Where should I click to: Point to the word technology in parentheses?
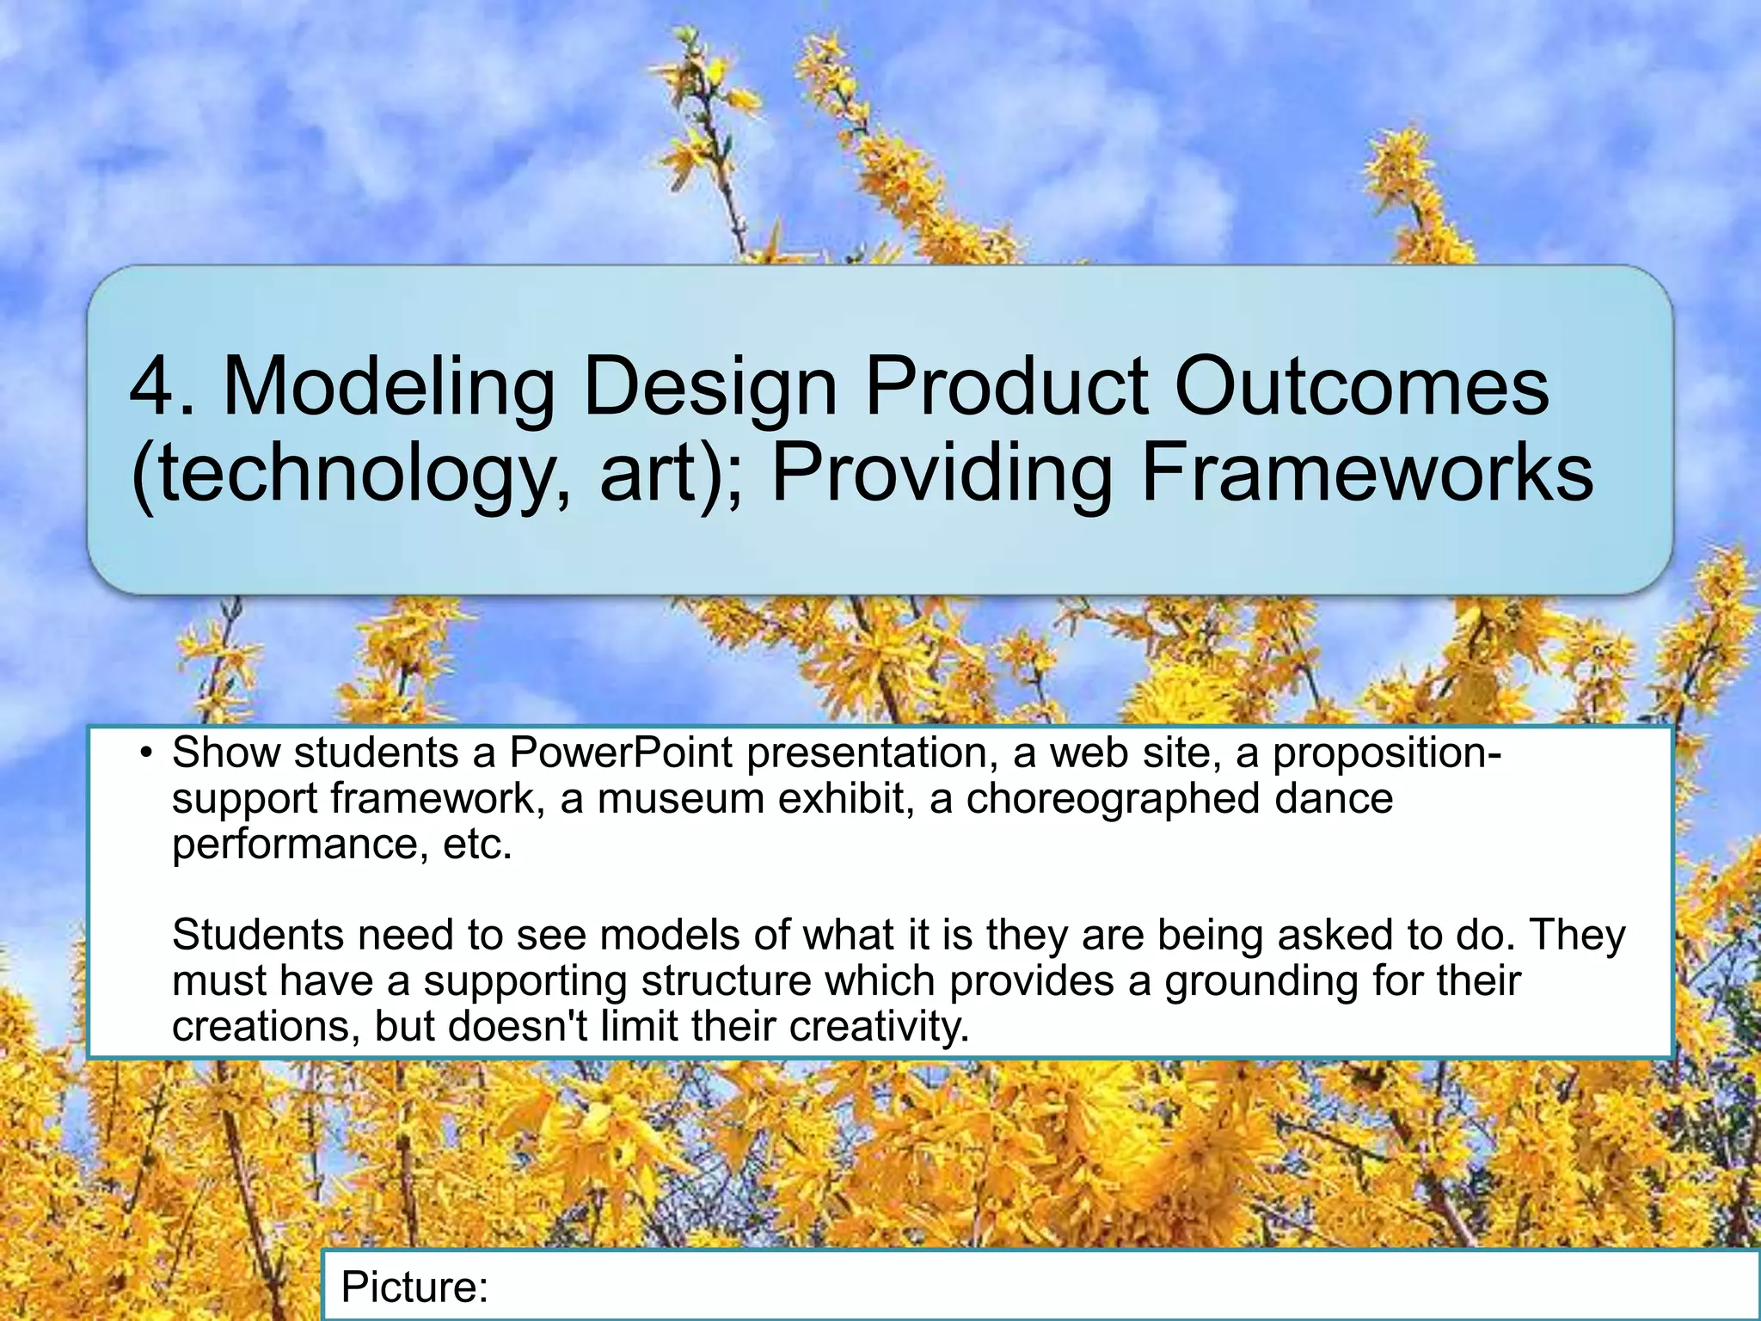coord(349,475)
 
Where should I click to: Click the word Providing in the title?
coord(942,475)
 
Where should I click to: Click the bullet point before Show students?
coord(147,754)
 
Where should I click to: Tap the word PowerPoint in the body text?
coord(622,753)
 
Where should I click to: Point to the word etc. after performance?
coord(477,844)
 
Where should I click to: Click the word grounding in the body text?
coord(1261,981)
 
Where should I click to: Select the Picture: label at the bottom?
coord(414,1287)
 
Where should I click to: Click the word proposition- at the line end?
coord(1387,754)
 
